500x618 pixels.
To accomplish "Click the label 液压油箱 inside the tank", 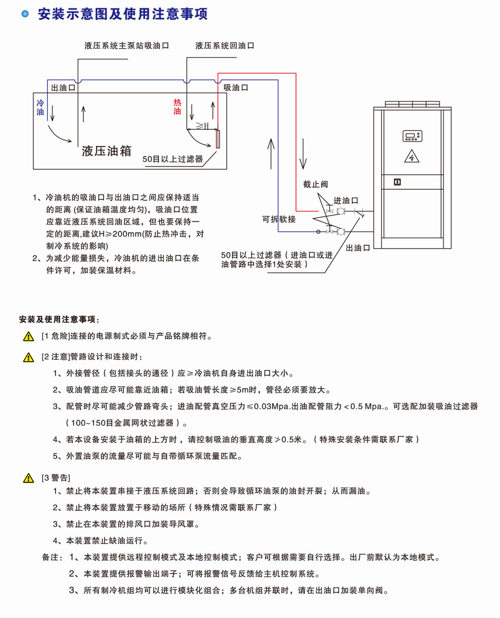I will [106, 150].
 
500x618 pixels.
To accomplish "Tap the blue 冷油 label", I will [40, 108].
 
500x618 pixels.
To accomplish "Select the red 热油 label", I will [177, 107].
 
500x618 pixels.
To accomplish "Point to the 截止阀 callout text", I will [316, 184].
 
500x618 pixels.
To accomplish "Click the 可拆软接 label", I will [279, 219].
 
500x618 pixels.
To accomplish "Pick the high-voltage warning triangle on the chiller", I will [412, 156].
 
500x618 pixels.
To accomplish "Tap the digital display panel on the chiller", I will [412, 135].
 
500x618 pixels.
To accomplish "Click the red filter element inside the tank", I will [218, 139].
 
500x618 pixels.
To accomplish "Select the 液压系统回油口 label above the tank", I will [225, 46].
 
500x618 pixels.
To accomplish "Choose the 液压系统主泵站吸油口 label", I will [127, 46].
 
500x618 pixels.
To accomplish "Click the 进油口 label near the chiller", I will [346, 200].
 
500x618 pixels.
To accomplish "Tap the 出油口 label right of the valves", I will [358, 248].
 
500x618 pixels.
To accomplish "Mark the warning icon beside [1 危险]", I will [28, 336].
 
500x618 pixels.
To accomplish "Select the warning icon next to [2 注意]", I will [28, 357].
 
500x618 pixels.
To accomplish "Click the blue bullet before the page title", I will [24, 14].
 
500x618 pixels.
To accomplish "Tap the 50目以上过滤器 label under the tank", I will [172, 159].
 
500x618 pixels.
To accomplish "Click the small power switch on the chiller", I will [397, 182].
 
